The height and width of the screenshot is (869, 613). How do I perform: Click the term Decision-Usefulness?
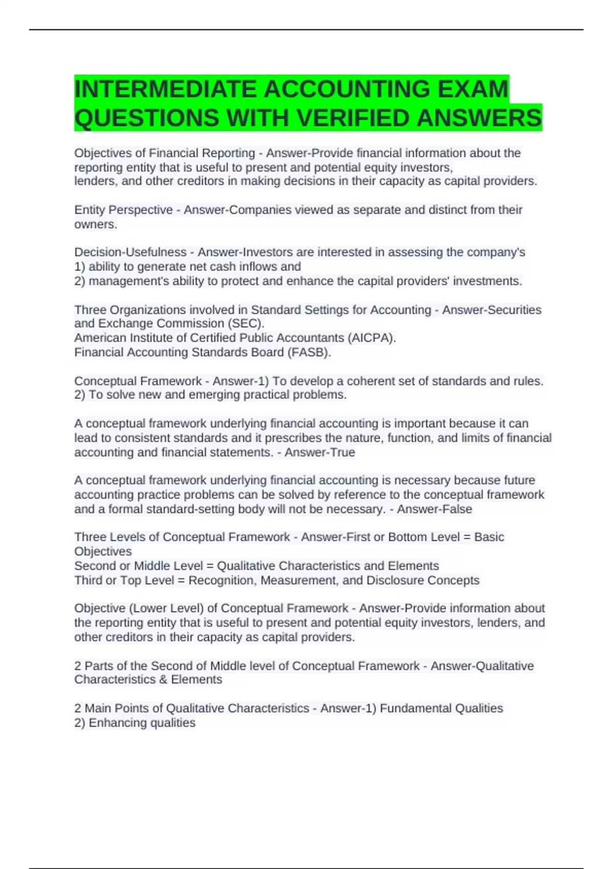point(130,253)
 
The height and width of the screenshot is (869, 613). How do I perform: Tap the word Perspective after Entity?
point(140,210)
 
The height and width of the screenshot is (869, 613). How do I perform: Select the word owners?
point(95,224)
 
